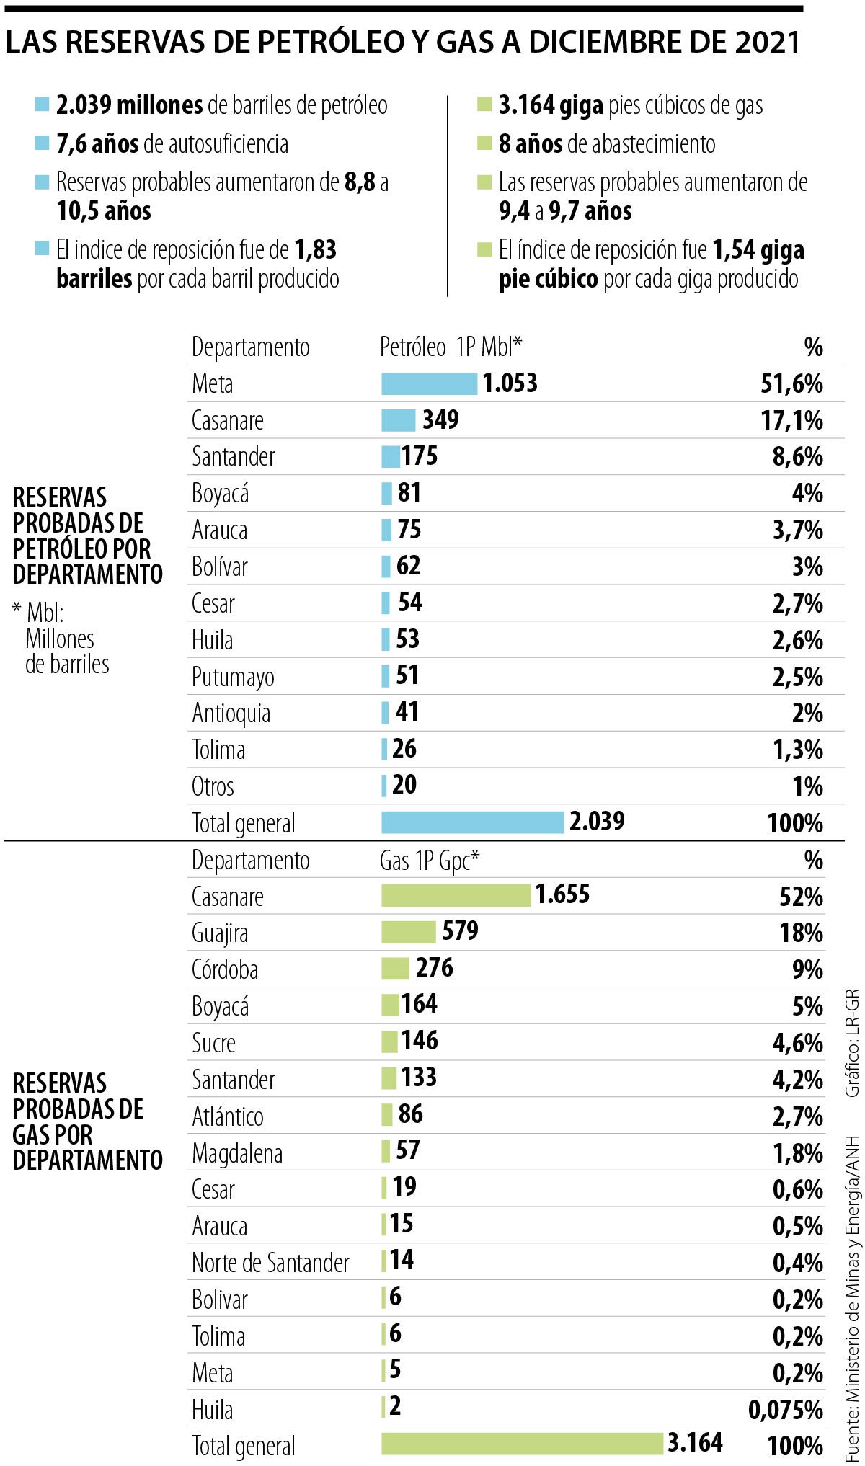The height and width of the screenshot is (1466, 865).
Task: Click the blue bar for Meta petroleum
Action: (429, 383)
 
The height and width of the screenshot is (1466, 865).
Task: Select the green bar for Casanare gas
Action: (456, 895)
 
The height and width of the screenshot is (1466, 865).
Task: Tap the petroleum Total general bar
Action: (472, 822)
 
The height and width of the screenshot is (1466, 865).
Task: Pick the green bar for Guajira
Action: (408, 932)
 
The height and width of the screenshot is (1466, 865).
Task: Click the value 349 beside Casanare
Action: (440, 419)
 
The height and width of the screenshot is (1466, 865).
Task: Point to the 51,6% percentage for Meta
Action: (791, 383)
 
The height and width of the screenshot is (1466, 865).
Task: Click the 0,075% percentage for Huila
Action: (786, 1410)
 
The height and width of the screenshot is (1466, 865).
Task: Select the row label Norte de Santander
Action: (270, 1263)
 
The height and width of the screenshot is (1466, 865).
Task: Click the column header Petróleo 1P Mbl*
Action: (451, 347)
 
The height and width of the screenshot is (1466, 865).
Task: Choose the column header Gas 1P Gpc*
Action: (430, 861)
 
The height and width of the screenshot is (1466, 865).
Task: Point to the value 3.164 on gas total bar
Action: (695, 1442)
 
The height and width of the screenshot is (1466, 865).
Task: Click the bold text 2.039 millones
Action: (130, 105)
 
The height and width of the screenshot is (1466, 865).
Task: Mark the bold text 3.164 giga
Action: (551, 105)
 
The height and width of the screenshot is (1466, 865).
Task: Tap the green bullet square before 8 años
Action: (484, 143)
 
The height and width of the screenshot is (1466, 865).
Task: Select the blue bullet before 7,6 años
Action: (42, 143)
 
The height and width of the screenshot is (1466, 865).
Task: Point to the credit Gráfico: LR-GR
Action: (852, 1042)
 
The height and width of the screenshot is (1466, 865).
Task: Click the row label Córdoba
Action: (225, 969)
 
